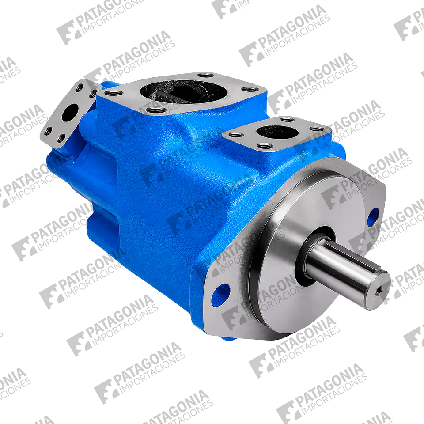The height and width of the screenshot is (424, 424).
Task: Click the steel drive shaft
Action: click(349, 273)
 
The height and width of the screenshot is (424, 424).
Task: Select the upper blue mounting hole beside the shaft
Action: click(374, 216)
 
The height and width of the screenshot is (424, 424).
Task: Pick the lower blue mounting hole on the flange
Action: click(220, 295)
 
